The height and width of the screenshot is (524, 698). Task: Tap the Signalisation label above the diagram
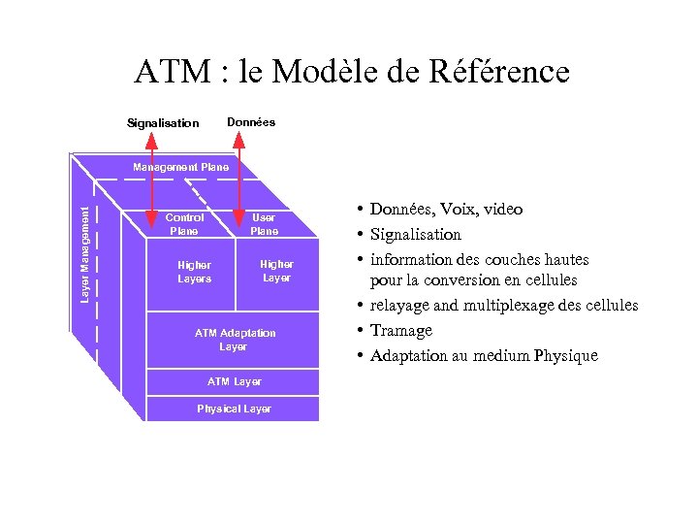pyautogui.click(x=163, y=123)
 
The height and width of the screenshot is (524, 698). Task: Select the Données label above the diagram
pyautogui.click(x=251, y=122)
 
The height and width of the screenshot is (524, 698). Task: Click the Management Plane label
pyautogui.click(x=181, y=167)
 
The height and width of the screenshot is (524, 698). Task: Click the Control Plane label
pyautogui.click(x=184, y=224)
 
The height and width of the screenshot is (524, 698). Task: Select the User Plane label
pyautogui.click(x=264, y=224)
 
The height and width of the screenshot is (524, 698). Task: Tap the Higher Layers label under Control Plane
pyautogui.click(x=194, y=272)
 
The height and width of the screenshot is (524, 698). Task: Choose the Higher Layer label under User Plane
pyautogui.click(x=276, y=271)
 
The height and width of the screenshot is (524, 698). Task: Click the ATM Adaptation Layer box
pyautogui.click(x=234, y=340)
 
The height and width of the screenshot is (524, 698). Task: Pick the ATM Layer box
pyautogui.click(x=234, y=381)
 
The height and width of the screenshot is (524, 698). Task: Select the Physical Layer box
pyautogui.click(x=234, y=409)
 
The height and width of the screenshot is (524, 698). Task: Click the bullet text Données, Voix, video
pyautogui.click(x=446, y=210)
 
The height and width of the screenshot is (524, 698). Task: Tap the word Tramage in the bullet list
pyautogui.click(x=401, y=331)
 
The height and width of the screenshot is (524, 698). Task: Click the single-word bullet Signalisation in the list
pyautogui.click(x=416, y=235)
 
